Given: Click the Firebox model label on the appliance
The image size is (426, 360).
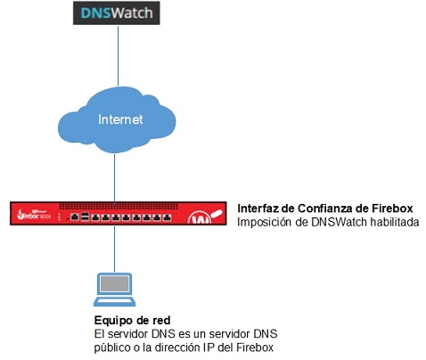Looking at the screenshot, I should [37, 217].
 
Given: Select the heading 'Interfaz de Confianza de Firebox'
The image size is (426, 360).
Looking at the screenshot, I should [324, 207].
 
